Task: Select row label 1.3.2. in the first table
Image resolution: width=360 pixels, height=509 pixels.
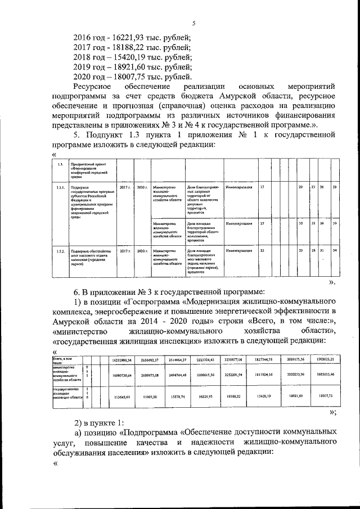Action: coord(60,250)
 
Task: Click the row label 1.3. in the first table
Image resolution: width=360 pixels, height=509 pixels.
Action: coord(59,164)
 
